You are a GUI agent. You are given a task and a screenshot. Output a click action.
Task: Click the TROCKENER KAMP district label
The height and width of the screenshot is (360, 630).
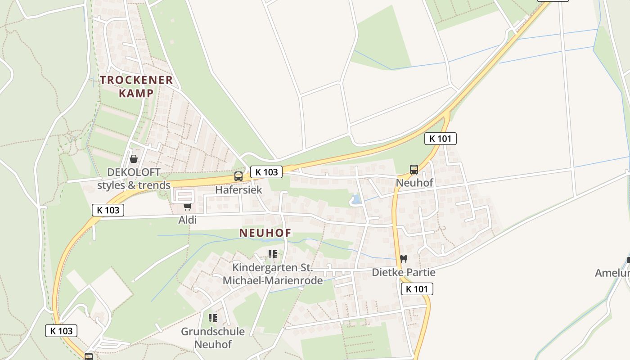click(136, 86)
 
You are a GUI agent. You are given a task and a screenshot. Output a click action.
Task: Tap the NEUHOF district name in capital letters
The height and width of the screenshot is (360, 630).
click(265, 233)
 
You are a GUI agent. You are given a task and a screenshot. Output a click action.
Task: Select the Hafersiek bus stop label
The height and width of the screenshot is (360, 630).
click(238, 189)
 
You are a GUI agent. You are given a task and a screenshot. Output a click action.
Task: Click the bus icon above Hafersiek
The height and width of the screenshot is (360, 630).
click(238, 176)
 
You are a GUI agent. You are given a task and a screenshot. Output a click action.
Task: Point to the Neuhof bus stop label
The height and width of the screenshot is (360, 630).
click(414, 183)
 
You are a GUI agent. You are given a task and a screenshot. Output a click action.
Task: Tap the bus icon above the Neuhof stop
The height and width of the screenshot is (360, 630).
click(414, 170)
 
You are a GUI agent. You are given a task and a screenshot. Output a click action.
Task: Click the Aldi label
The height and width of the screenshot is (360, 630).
click(187, 220)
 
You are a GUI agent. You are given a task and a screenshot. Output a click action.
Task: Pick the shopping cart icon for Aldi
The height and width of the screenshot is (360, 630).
click(187, 207)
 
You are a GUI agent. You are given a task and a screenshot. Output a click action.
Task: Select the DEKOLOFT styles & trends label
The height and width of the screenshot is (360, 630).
click(134, 179)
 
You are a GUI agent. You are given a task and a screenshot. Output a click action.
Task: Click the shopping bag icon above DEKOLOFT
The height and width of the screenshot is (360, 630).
click(134, 159)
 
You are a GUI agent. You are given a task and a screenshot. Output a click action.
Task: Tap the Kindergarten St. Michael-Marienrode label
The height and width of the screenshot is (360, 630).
click(273, 274)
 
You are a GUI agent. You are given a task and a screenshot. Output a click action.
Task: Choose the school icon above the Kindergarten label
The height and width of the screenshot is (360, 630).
click(273, 254)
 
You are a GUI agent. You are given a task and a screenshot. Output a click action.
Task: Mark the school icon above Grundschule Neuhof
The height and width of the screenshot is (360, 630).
click(213, 318)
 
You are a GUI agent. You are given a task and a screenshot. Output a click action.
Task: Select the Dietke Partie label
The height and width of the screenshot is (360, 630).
click(404, 272)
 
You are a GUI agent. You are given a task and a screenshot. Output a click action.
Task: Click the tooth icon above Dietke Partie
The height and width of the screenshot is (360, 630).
click(404, 259)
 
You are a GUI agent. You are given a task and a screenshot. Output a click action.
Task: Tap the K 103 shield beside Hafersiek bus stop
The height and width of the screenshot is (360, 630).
click(266, 171)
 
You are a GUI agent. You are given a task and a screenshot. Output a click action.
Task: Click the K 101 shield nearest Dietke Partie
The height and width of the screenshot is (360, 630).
click(417, 289)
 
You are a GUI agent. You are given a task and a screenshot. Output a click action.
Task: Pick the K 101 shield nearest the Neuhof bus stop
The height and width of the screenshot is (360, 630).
click(440, 139)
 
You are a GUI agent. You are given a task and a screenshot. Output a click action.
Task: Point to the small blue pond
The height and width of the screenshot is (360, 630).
click(355, 199)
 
